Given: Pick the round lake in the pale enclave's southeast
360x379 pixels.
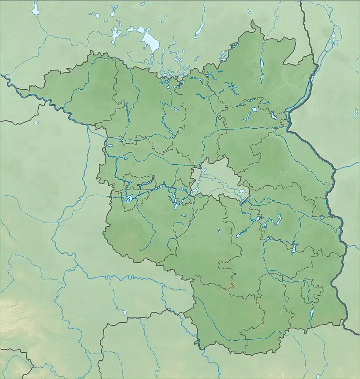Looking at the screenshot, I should pos(242,191).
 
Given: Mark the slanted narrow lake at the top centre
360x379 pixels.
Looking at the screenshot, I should pos(199,30).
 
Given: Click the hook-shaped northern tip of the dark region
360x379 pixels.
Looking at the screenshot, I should pos(256,26).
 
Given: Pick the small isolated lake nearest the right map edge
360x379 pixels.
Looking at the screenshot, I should pos(355,113).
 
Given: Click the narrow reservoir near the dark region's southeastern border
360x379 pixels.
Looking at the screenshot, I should pos(312,313).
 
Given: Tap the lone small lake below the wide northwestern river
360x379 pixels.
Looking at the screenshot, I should pos(36,122).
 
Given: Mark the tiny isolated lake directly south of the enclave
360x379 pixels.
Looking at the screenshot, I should pos(219,231).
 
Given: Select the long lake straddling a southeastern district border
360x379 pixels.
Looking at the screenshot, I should pos(293,248).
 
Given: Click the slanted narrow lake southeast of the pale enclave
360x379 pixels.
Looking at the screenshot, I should pos(278,220).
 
